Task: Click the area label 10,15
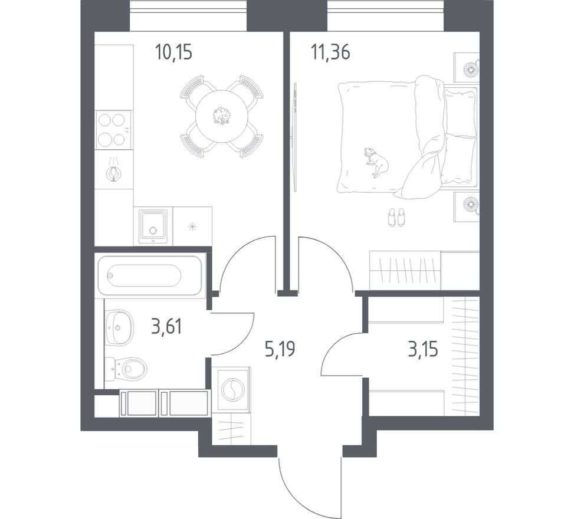tap(173, 52)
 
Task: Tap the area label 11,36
tap(330, 52)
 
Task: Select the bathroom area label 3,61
tap(166, 327)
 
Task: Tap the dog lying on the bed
tap(376, 162)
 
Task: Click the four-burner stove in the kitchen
tap(113, 130)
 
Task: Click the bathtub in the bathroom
tap(150, 275)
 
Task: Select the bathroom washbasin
tap(119, 327)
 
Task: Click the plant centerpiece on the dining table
tap(221, 116)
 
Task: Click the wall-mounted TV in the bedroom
tap(295, 136)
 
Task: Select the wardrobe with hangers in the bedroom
tap(405, 270)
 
